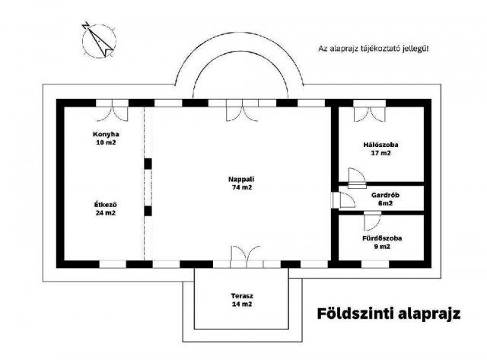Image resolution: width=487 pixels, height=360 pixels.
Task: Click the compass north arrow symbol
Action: coord(97,38)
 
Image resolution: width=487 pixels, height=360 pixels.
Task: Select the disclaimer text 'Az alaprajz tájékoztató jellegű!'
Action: coord(374,49)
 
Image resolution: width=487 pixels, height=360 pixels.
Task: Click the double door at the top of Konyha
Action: coord(121,111)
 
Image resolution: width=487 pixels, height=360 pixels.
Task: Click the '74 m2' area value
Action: coord(242,187)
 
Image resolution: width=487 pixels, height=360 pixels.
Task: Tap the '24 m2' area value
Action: coord(106,212)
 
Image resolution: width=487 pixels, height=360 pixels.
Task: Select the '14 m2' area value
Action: coord(242,304)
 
